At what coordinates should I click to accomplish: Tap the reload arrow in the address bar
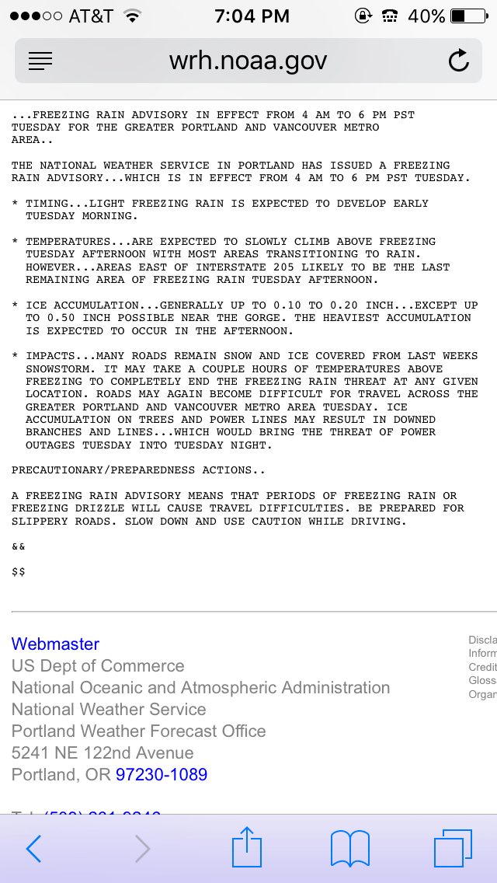(459, 61)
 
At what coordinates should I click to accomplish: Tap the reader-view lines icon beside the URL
(40, 61)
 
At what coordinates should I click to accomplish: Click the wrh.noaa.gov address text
(248, 61)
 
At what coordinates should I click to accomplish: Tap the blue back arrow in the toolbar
(33, 849)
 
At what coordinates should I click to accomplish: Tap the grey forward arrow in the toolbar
(142, 849)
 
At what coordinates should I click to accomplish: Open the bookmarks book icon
(349, 848)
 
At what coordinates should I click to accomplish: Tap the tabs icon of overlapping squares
(453, 848)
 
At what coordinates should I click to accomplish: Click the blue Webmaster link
(55, 644)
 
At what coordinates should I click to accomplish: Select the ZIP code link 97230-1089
(162, 774)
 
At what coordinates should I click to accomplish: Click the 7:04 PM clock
(252, 16)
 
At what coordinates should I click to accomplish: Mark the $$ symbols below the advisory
(19, 571)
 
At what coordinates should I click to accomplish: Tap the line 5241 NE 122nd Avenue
(103, 752)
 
